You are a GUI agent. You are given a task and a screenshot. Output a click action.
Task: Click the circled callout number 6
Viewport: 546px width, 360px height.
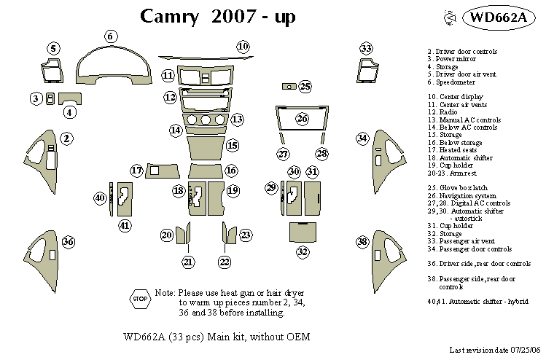pos(110,36)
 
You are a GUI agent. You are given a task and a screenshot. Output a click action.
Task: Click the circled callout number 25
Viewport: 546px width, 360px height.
pos(305,87)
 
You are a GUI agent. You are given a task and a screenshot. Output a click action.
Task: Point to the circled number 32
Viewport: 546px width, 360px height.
pos(303,252)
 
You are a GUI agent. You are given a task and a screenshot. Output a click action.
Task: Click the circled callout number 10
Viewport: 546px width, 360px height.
pos(243,47)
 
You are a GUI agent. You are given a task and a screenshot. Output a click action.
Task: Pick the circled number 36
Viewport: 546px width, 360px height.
pos(68,241)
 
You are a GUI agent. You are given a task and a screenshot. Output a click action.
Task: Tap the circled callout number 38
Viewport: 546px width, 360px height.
pos(362,241)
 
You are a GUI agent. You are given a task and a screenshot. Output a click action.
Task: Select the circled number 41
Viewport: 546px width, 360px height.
pos(125,225)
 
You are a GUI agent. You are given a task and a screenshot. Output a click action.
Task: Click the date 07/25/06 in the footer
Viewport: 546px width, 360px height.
pos(524,351)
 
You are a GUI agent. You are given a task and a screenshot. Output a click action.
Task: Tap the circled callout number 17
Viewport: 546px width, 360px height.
pos(136,171)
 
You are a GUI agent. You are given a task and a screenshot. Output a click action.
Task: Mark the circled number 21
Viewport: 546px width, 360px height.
pos(189,262)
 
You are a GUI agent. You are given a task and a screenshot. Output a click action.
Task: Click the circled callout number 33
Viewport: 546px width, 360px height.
pos(366,48)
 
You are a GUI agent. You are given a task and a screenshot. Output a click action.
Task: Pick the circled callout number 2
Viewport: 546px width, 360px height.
pos(66,138)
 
